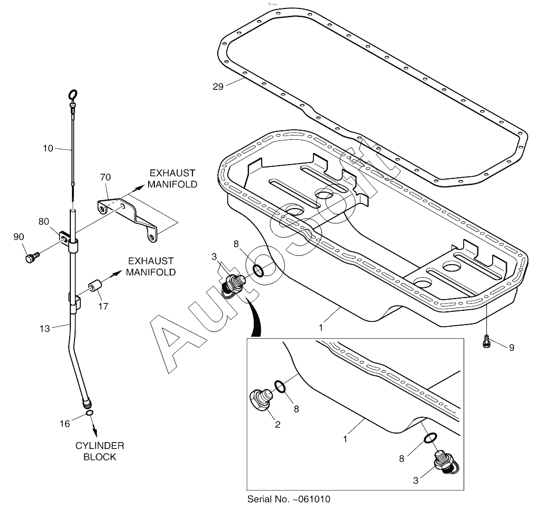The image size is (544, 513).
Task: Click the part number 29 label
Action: point(218,86)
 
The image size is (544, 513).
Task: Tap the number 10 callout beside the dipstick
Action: point(48,149)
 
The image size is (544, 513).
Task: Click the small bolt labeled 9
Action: point(486,343)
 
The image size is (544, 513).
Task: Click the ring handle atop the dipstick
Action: point(73,96)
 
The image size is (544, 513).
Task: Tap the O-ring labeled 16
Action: point(89,413)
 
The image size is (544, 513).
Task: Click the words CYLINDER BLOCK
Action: point(99,451)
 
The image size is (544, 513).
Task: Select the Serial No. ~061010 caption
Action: point(290,499)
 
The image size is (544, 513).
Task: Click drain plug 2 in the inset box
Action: point(261,399)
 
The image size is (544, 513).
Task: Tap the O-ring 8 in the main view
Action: point(259,271)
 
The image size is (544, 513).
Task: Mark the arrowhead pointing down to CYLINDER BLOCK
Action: point(94,426)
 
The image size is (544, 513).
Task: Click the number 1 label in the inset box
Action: point(345,439)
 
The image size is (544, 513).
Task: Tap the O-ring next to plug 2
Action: point(282,387)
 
